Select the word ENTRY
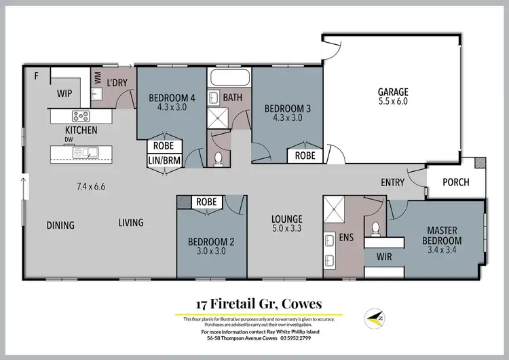392,182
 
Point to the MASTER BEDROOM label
442,235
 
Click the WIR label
375,257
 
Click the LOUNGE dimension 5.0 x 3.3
287,228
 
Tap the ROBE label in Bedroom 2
206,202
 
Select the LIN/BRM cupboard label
163,160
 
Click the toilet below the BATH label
219,158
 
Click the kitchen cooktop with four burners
81,116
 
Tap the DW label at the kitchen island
69,141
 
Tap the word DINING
60,225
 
